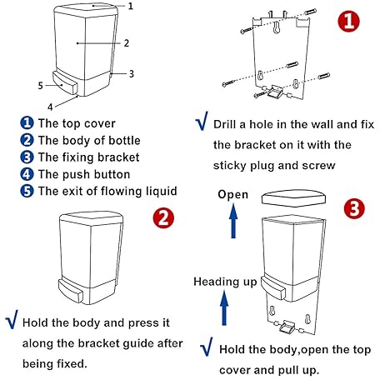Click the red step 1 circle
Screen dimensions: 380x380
[x=348, y=21]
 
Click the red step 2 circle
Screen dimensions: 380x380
[x=163, y=217]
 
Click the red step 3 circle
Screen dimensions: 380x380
[x=354, y=209]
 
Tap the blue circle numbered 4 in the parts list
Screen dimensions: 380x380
[x=27, y=174]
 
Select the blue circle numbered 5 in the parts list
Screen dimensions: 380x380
[x=27, y=192]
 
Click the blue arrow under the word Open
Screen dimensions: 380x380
[x=233, y=221]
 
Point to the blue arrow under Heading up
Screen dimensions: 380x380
[x=224, y=307]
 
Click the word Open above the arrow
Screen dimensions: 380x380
[x=232, y=195]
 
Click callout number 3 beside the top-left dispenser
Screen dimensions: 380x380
[x=131, y=73]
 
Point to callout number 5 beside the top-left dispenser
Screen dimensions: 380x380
[x=41, y=85]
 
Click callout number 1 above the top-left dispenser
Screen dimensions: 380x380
[x=131, y=6]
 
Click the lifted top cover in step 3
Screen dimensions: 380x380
[x=294, y=198]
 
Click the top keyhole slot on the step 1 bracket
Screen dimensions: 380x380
[x=276, y=27]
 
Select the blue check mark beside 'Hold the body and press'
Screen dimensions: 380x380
[x=12, y=319]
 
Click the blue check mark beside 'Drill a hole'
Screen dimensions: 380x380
[x=202, y=121]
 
